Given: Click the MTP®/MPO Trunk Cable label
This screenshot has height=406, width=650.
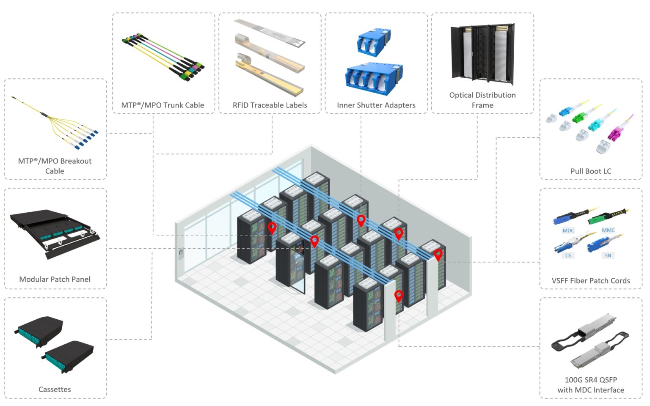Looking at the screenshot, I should click(x=162, y=105).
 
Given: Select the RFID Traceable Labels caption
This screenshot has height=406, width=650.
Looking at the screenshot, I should click(x=270, y=105).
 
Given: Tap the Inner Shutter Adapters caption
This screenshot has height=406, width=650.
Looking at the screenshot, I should click(x=376, y=105).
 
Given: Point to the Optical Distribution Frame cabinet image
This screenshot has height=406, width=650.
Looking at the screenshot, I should click(x=482, y=53).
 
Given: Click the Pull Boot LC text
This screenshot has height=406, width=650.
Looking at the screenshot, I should click(x=590, y=171).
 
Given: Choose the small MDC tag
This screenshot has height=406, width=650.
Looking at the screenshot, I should click(x=568, y=230).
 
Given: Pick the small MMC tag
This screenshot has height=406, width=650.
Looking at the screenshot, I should click(x=608, y=230).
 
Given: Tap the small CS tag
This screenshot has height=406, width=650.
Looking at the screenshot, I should click(x=568, y=255).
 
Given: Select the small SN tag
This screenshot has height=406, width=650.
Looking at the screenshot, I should click(x=608, y=255).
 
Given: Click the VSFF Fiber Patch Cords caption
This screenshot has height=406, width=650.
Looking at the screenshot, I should click(x=590, y=281).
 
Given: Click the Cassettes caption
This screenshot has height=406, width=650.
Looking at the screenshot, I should click(x=55, y=390).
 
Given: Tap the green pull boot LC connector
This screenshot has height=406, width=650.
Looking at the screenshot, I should click(x=580, y=116).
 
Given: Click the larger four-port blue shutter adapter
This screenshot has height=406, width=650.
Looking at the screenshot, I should click(x=373, y=78).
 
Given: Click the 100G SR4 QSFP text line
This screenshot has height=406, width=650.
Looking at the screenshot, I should click(x=590, y=380).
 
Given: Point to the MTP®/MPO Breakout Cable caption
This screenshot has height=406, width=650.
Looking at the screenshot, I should click(x=55, y=166).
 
